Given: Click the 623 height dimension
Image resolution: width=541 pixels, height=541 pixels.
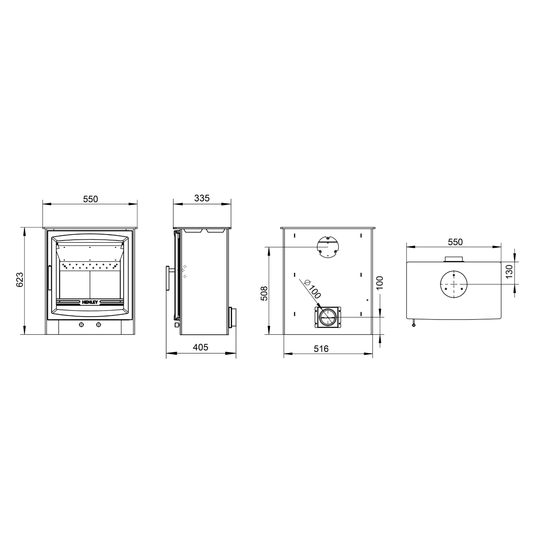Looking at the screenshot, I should pyautogui.click(x=20, y=280).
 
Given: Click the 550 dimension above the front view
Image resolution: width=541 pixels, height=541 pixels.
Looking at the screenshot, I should pyautogui.click(x=91, y=199).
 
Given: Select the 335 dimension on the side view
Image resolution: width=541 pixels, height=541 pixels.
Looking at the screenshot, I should pyautogui.click(x=202, y=198).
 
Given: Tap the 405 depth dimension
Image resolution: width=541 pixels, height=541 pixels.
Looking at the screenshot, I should pyautogui.click(x=200, y=347).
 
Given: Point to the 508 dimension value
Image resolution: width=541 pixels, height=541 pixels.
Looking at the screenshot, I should pyautogui.click(x=264, y=293).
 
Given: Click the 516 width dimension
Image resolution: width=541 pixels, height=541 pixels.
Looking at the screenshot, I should pyautogui.click(x=321, y=349).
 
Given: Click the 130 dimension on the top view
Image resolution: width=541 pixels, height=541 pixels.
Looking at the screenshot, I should pyautogui.click(x=509, y=271).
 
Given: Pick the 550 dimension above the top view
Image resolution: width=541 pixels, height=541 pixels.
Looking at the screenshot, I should pyautogui.click(x=455, y=242).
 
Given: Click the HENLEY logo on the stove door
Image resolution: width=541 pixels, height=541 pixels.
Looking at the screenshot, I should pyautogui.click(x=90, y=302).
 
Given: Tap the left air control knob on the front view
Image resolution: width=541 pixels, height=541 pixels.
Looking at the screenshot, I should pyautogui.click(x=82, y=324).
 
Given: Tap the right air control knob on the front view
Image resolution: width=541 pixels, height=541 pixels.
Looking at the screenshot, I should pyautogui.click(x=99, y=324).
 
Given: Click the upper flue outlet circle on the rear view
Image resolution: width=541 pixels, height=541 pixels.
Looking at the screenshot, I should pyautogui.click(x=328, y=247).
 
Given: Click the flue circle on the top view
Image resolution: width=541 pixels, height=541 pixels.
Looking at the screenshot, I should pyautogui.click(x=453, y=284).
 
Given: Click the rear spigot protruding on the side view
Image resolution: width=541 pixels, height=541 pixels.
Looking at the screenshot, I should pyautogui.click(x=232, y=317).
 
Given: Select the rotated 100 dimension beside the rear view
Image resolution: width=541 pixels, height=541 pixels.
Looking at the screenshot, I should pyautogui.click(x=380, y=283).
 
